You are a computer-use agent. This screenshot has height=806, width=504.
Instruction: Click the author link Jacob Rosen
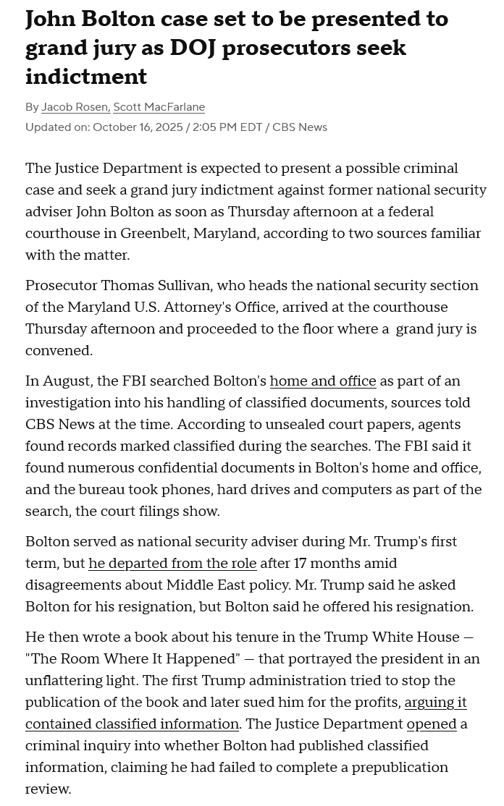tap(75, 107)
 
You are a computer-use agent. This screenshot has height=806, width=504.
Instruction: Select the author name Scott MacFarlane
tap(159, 107)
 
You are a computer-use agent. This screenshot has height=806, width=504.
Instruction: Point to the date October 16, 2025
tap(138, 127)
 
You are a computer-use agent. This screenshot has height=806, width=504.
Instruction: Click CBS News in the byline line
tap(300, 127)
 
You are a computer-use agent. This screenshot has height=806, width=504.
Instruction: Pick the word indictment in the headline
tap(85, 77)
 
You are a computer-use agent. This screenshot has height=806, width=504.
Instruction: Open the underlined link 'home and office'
tap(323, 381)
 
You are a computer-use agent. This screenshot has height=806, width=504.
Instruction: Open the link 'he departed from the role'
tap(172, 564)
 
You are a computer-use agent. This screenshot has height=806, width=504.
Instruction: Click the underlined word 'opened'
tap(432, 724)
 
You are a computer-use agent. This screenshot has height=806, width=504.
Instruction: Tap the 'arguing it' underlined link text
tap(435, 703)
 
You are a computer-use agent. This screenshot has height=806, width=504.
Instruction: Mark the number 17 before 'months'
tap(303, 564)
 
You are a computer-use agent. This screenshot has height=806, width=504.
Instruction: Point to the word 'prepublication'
tap(401, 768)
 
